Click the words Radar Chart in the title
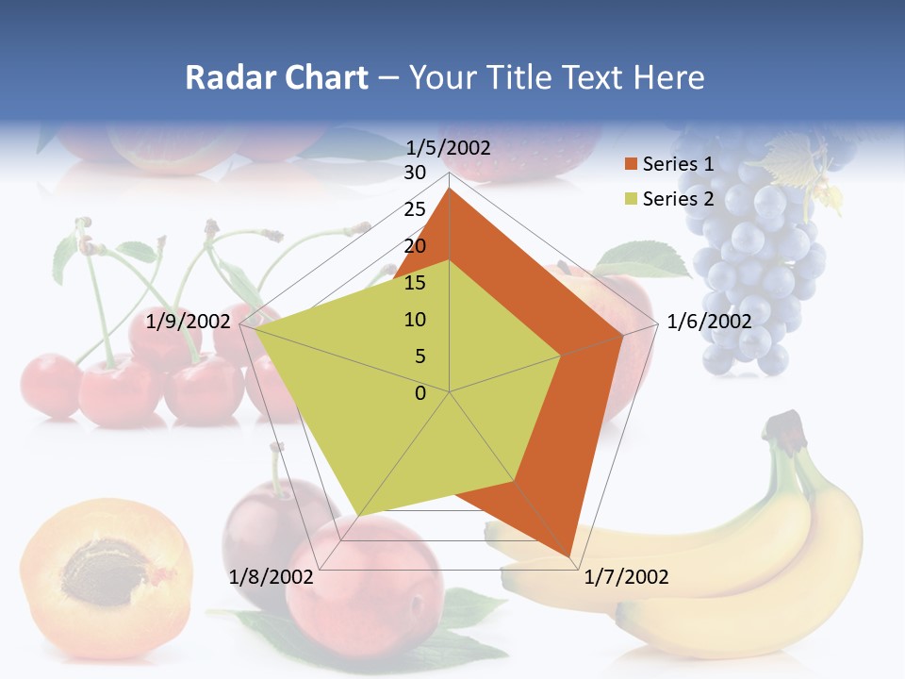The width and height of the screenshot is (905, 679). point(276,77)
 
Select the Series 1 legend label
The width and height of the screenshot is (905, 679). point(678,164)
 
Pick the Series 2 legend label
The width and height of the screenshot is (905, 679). point(678,199)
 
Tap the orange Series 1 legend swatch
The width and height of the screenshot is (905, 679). point(631,164)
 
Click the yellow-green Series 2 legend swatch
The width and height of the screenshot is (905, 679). point(631,199)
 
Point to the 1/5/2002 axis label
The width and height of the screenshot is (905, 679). point(449,147)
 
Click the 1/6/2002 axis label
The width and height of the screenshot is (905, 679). point(709,322)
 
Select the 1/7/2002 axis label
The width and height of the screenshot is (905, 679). point(626,576)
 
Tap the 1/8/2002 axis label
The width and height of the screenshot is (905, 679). point(271,576)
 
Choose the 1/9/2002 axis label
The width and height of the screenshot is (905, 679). point(189,322)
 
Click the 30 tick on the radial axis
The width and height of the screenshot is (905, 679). point(415,173)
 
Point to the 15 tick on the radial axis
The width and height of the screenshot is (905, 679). point(415,283)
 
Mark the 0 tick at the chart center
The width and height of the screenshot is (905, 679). point(420,393)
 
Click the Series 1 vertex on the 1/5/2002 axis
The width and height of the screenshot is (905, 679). point(450,189)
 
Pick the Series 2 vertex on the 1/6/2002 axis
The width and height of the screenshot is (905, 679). point(561,356)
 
